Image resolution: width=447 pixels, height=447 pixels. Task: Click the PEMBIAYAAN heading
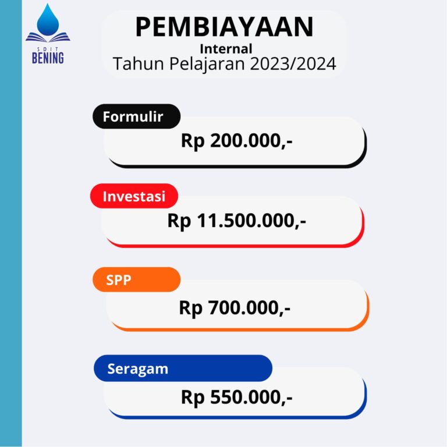224,27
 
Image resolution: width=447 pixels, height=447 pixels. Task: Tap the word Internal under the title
226,49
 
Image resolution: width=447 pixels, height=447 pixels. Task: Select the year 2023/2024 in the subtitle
293,63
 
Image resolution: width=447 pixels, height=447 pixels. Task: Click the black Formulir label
137,116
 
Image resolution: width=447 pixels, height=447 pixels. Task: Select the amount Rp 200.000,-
237,141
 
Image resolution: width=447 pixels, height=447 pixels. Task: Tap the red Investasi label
134,196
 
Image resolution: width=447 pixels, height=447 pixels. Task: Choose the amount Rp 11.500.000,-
237,221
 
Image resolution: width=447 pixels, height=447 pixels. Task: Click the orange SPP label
137,279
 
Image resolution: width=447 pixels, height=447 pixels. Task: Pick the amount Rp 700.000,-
235,308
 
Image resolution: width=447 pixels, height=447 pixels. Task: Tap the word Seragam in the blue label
138,368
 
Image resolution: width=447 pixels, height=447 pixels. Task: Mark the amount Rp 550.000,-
237,397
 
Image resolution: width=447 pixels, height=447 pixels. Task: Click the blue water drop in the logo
48,20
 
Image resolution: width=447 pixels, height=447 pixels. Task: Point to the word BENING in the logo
48,58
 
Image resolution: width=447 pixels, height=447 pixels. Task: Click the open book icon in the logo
48,38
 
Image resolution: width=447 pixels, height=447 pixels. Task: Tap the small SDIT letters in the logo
48,49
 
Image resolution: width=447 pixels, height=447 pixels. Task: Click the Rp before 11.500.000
179,221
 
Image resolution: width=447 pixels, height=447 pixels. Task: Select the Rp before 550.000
193,398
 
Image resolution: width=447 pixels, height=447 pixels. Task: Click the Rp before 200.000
193,141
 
